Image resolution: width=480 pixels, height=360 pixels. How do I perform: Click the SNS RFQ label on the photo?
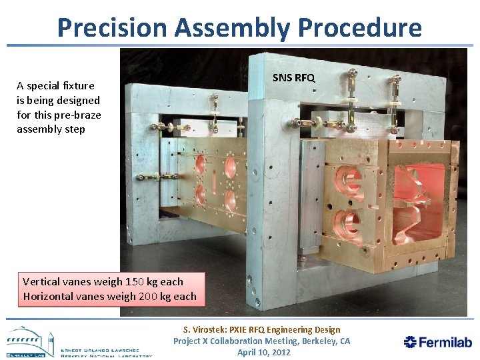pyautogui.click(x=294, y=78)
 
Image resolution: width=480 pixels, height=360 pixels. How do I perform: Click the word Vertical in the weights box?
pyautogui.click(x=43, y=281)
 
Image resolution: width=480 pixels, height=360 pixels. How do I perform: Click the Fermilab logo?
pyautogui.click(x=437, y=342)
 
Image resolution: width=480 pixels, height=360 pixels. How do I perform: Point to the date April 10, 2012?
pyautogui.click(x=264, y=352)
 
